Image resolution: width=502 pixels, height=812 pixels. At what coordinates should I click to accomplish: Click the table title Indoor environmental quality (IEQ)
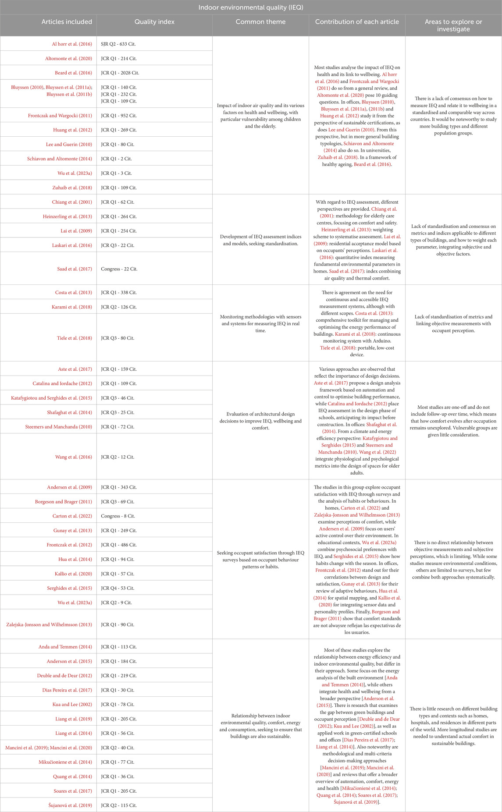pos(251,7)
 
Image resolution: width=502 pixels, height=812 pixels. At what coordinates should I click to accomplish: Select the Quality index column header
pos(154,22)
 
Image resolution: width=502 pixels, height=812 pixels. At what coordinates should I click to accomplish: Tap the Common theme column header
pos(260,22)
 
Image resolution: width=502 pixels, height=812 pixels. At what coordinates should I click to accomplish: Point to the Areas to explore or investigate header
pos(453,25)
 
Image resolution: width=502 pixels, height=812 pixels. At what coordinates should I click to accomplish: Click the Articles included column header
pos(67,22)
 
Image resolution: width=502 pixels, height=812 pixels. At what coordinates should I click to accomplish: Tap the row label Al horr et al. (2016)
pos(72,44)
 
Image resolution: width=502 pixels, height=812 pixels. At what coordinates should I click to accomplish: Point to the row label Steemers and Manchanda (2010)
pos(59,427)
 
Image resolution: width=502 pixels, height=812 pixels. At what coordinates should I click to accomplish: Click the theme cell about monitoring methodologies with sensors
pos(260,323)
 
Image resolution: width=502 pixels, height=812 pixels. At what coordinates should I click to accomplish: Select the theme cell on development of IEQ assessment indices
pos(260,240)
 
